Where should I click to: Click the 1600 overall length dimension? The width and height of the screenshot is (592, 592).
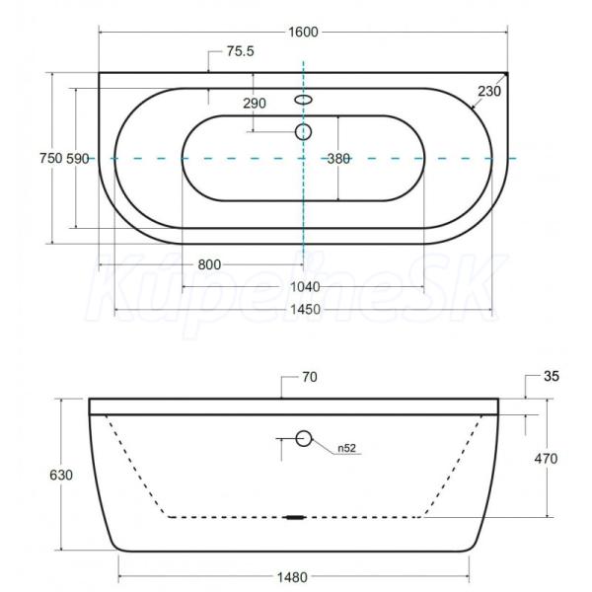coord(303,33)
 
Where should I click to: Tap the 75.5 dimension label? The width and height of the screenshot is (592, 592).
coord(241,51)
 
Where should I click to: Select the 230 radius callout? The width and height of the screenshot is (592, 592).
coord(489,91)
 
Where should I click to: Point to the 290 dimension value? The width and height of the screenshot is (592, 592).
coord(255,103)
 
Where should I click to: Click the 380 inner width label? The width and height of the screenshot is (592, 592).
coord(338,159)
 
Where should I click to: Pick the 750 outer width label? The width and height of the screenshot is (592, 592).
coord(51,158)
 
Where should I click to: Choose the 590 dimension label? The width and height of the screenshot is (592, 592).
coord(78,159)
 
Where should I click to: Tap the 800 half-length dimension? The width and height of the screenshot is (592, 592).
coord(209,264)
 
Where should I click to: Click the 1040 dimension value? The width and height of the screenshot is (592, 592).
coord(305,287)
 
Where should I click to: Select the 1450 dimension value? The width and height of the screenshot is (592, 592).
coord(305,310)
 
